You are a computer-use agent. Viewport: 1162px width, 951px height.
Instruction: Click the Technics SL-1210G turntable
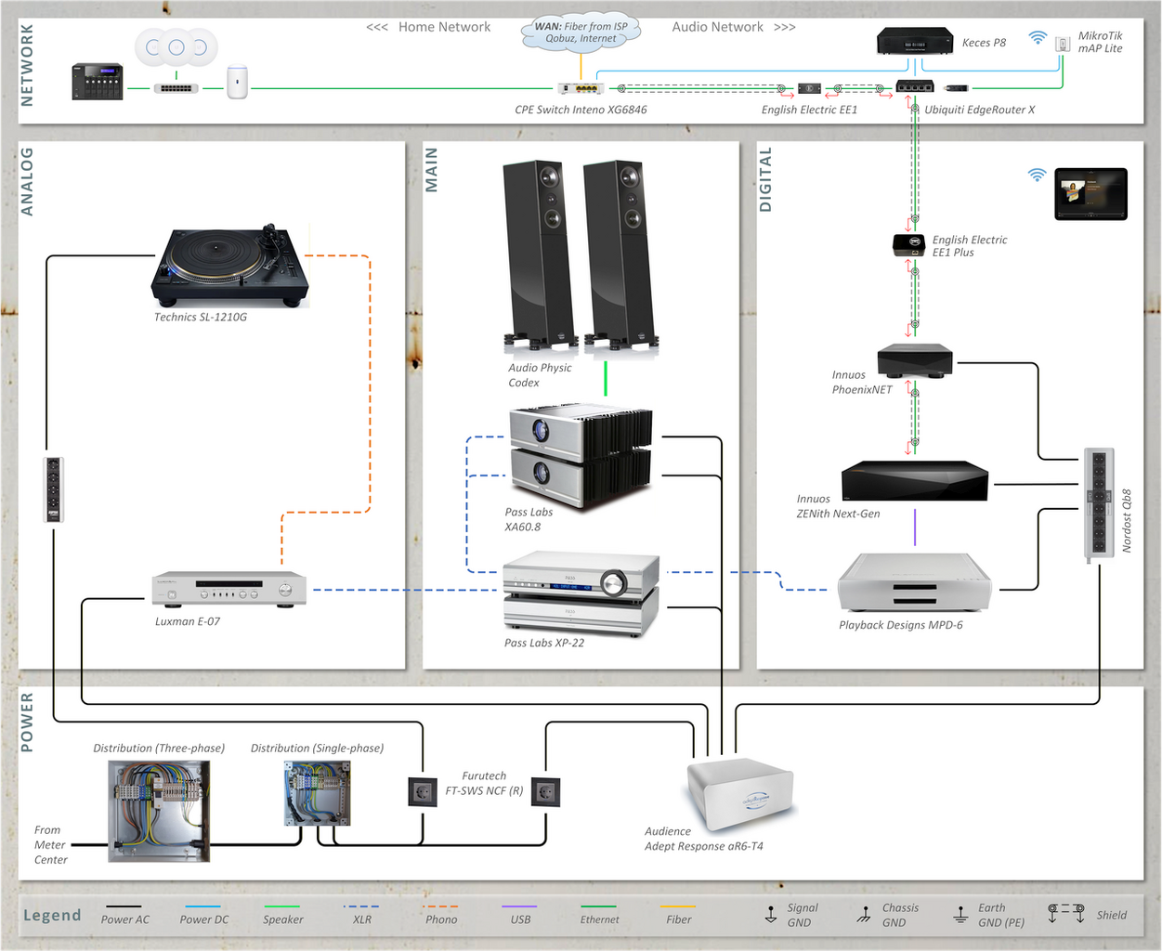click(229, 267)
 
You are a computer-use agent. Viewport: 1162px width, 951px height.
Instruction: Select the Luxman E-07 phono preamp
click(229, 589)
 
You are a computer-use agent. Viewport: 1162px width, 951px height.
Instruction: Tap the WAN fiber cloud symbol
click(581, 33)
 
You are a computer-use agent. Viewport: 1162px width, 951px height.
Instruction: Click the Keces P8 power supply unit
click(915, 41)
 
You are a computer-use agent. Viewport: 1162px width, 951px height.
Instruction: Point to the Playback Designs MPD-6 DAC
click(914, 582)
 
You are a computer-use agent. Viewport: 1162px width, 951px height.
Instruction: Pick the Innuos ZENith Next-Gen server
click(915, 481)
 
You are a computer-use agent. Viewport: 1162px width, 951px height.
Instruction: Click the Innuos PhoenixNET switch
click(915, 360)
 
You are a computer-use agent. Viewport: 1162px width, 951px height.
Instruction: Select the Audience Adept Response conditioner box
click(740, 793)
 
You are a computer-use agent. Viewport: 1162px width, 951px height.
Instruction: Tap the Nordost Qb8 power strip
click(1099, 504)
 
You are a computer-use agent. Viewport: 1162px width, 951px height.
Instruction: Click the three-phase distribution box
click(159, 811)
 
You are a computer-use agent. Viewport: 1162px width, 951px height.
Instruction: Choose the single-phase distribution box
click(318, 793)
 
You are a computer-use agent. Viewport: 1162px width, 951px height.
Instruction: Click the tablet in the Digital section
click(1090, 194)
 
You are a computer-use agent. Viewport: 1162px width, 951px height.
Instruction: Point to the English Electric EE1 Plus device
click(908, 244)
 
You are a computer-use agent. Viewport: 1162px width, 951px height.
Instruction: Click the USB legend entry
click(519, 915)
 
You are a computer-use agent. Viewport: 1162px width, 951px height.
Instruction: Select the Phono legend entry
click(441, 915)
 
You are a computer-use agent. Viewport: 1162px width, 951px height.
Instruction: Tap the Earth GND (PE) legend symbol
click(960, 915)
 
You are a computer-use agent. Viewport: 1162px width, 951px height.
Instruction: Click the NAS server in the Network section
click(97, 82)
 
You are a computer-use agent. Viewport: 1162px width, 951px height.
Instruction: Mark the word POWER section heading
click(26, 723)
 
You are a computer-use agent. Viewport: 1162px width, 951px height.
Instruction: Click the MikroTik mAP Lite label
click(1100, 42)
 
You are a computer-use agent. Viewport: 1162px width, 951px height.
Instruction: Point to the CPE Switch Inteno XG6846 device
click(581, 88)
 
